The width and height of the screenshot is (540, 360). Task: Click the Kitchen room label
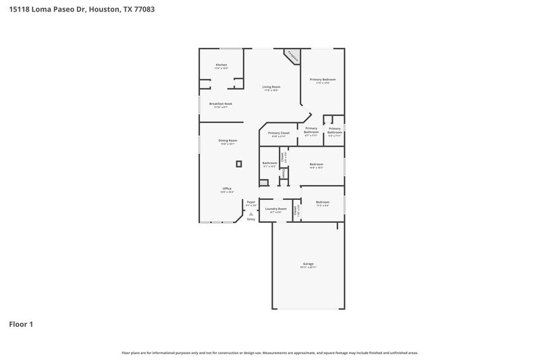[x=221, y=65]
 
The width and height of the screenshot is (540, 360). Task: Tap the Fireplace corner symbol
[x=293, y=55]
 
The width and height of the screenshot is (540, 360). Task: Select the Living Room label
[x=271, y=87]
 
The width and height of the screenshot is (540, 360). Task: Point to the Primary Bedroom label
[x=323, y=80]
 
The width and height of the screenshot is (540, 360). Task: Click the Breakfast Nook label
[x=221, y=103]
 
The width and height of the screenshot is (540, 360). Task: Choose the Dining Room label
[x=227, y=140]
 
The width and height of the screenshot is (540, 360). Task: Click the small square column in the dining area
[x=238, y=163]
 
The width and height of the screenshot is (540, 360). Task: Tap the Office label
[x=227, y=188]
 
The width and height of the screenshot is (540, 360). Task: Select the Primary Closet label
[x=279, y=133]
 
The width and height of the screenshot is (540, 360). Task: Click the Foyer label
[x=251, y=202]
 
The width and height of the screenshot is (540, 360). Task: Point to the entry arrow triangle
[x=251, y=213]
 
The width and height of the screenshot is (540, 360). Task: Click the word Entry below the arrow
[x=251, y=220]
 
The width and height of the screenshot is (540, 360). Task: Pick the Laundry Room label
[x=275, y=209]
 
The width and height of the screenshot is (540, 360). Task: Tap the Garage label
[x=308, y=263]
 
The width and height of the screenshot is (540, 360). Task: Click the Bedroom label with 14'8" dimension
[x=316, y=164]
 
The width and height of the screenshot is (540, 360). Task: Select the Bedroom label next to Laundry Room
[x=323, y=202]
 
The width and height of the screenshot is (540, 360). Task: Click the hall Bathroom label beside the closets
[x=270, y=163]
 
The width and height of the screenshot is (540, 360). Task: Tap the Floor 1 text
[x=21, y=324]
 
